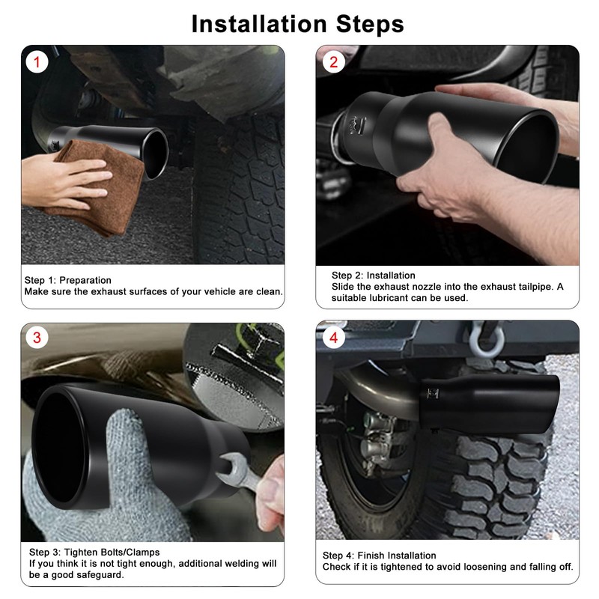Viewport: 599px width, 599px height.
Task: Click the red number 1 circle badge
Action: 37,62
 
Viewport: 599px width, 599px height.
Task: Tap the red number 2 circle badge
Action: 333,62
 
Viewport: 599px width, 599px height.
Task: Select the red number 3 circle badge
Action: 37,338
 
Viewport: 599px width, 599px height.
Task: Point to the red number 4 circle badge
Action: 333,338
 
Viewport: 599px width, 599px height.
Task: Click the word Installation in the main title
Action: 259,24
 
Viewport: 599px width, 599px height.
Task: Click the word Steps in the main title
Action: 370,25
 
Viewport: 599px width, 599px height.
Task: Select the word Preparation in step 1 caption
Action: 85,280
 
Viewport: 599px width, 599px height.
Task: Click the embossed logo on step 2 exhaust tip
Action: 357,125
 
